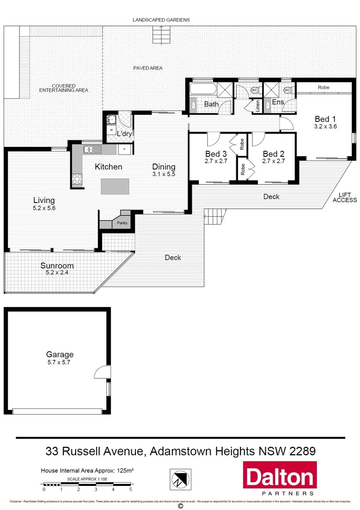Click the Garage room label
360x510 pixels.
(x=60, y=354)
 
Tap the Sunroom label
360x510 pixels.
(x=57, y=265)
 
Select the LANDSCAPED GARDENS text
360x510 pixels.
(x=161, y=20)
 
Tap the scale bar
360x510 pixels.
(x=87, y=484)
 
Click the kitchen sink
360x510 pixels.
(x=89, y=150)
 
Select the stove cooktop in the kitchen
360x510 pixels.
(x=77, y=179)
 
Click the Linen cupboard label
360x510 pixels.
(x=258, y=106)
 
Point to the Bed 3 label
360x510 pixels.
(x=216, y=154)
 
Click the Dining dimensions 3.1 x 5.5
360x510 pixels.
(x=163, y=174)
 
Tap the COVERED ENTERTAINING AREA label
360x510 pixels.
(x=63, y=88)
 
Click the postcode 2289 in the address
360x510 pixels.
(x=301, y=451)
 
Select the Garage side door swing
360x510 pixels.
(x=101, y=373)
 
